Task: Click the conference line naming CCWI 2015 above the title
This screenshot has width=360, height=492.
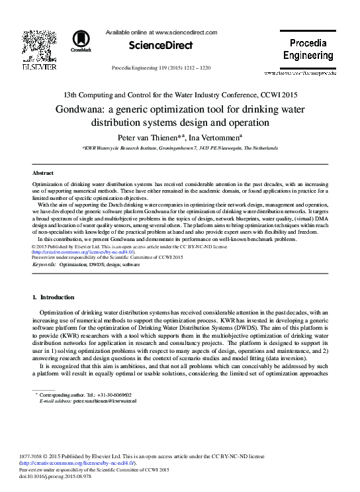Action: point(180,95)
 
